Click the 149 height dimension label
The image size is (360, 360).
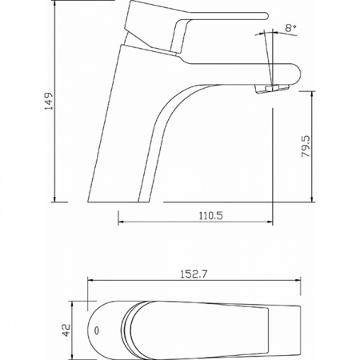coord(49,102)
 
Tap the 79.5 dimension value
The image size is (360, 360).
coord(306,146)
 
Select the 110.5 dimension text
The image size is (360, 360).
coord(211,215)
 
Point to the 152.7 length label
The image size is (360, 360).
coord(194,274)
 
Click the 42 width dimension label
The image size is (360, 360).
coord(66,330)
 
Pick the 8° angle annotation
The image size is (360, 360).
coord(290,28)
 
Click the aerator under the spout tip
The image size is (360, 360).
coord(272,89)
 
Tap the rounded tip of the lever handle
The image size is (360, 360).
coord(265,16)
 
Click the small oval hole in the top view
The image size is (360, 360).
coord(97,330)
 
